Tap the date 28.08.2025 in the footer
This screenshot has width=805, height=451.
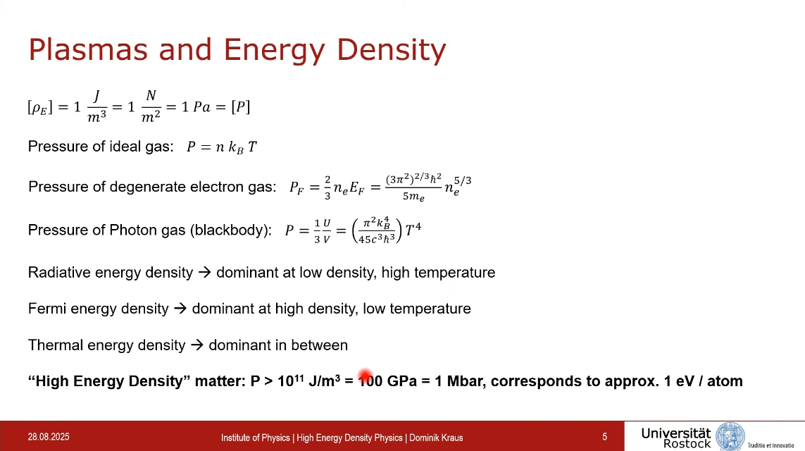49,437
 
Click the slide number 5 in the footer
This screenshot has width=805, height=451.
605,437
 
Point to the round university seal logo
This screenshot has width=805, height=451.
730,437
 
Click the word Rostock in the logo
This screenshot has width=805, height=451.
687,443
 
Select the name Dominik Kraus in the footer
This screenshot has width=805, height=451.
436,438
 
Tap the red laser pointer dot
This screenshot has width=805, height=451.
366,376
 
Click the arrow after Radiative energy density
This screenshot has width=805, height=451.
204,272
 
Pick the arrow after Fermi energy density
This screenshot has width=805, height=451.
180,309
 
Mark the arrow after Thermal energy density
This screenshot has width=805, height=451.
197,345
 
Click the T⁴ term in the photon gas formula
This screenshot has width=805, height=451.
413,229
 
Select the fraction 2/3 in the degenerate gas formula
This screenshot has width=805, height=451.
327,187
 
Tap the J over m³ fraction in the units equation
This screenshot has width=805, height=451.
96,107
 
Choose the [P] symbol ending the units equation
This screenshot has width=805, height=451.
240,107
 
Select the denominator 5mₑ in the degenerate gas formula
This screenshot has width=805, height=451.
413,196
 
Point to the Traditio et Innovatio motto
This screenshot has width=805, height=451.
770,445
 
